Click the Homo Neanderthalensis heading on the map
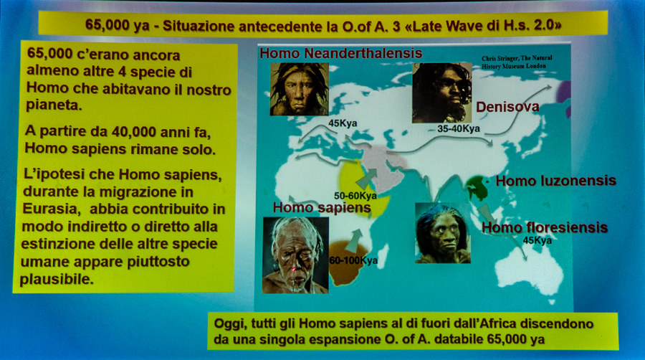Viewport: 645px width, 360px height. pos(340,53)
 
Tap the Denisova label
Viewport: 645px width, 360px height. pos(507,107)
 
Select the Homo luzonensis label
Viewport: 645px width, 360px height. pos(555,181)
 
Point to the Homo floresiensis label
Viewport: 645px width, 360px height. pos(544,227)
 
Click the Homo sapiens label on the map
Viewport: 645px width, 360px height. pos(322,208)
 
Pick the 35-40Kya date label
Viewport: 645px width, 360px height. pos(458,129)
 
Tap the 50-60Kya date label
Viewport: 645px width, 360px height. pos(355,196)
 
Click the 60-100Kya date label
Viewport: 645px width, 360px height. pos(353,260)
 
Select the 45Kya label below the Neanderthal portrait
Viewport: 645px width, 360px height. pos(343,123)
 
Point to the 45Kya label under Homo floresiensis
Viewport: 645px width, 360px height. pos(537,240)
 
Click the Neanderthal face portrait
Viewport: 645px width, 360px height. pos(299,89)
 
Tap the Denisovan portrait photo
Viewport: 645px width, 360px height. pos(441,93)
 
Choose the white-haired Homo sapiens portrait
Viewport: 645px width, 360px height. pos(295,255)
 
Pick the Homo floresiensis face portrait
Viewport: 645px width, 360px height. pos(443,233)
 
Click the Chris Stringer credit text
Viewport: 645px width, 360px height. pos(517,62)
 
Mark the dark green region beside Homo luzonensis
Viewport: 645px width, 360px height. pos(477,188)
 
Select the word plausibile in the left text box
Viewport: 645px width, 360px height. pos(57,280)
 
